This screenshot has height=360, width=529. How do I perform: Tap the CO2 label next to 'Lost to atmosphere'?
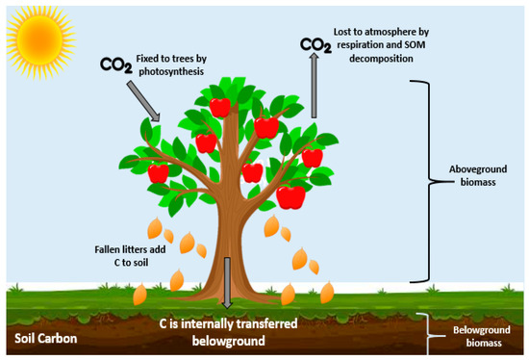(314, 44)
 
